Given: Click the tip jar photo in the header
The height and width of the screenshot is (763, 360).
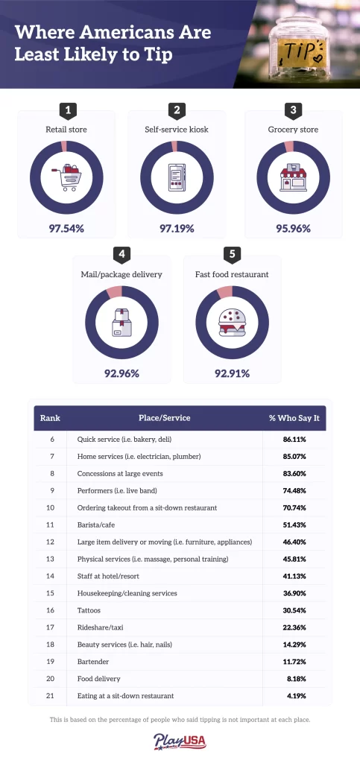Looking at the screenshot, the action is pyautogui.click(x=297, y=44).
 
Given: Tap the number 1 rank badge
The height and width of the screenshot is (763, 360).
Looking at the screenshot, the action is pyautogui.click(x=68, y=111).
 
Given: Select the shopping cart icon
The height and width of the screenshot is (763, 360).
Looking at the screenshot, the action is pyautogui.click(x=66, y=177).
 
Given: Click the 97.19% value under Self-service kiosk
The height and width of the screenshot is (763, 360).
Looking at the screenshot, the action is pyautogui.click(x=177, y=228).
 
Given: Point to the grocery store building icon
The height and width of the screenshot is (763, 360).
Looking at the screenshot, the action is pyautogui.click(x=293, y=177).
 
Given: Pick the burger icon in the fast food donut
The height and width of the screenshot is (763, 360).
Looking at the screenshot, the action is pyautogui.click(x=232, y=322).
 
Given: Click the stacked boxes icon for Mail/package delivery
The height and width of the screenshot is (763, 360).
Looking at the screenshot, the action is pyautogui.click(x=121, y=322).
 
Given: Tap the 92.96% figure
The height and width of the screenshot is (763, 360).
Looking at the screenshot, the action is pyautogui.click(x=121, y=374).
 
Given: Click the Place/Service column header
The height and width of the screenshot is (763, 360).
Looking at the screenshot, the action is pyautogui.click(x=165, y=418).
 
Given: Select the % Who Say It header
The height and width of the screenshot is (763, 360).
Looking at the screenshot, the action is pyautogui.click(x=294, y=418).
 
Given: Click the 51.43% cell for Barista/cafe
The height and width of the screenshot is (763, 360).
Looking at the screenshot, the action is pyautogui.click(x=294, y=525).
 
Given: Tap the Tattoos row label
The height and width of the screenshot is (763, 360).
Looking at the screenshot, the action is pyautogui.click(x=89, y=610).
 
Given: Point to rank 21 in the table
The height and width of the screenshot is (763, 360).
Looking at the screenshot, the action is pyautogui.click(x=50, y=696).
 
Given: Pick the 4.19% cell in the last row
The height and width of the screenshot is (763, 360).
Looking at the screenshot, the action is pyautogui.click(x=296, y=696).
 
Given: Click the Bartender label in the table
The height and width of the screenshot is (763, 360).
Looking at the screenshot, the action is pyautogui.click(x=93, y=662).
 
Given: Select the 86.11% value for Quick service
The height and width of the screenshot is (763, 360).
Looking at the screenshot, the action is pyautogui.click(x=294, y=440).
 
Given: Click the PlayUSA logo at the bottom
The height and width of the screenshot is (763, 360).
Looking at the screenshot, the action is pyautogui.click(x=180, y=742).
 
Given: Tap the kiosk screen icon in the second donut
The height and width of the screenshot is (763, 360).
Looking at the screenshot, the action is pyautogui.click(x=177, y=177).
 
